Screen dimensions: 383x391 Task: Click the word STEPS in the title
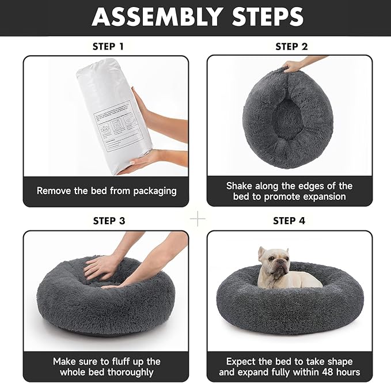[x=264, y=17]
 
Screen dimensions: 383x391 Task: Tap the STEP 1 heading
[x=108, y=46]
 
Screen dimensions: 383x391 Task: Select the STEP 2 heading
[x=291, y=46]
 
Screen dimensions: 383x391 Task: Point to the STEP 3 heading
[x=108, y=221]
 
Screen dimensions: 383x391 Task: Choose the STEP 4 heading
[x=289, y=221]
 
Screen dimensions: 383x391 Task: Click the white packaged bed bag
[x=113, y=115]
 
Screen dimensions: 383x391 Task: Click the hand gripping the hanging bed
[x=294, y=66]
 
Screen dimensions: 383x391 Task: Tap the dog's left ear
[x=262, y=252]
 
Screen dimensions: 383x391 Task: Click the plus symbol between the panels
[x=198, y=219]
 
